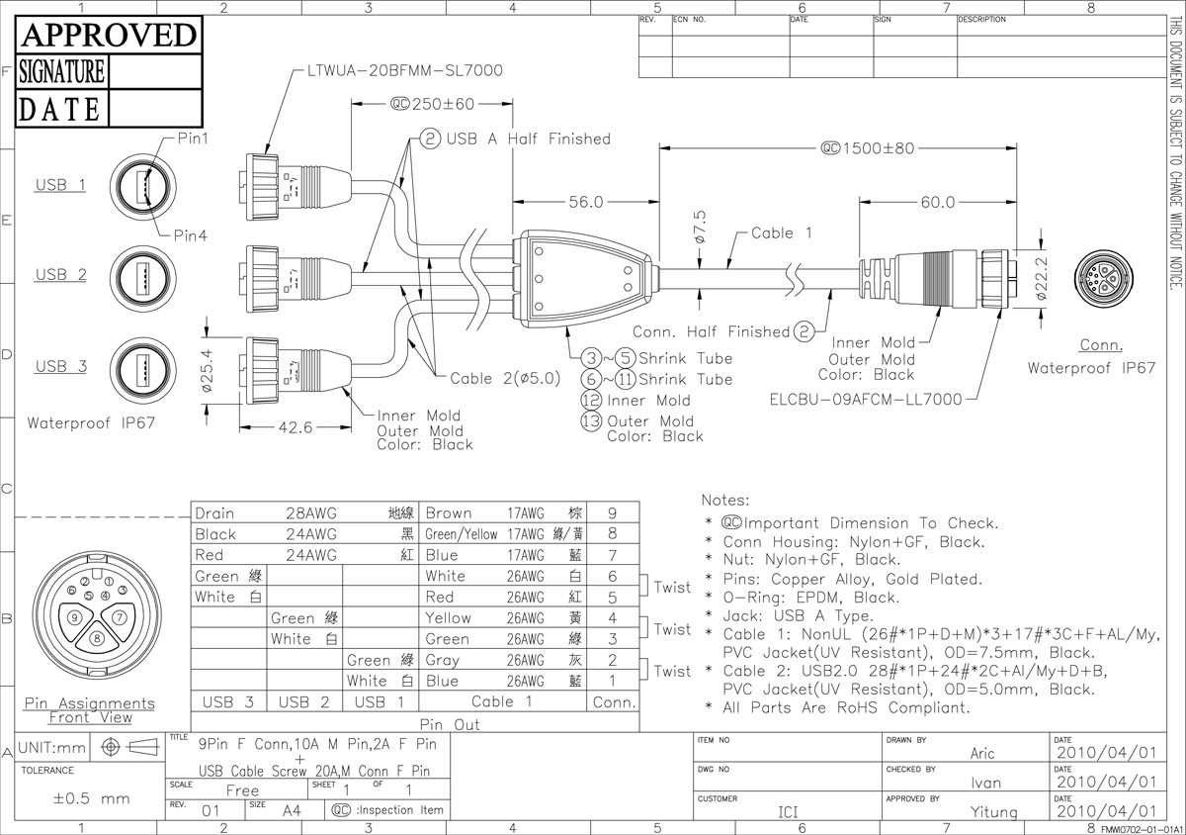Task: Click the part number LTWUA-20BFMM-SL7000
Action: [x=405, y=70]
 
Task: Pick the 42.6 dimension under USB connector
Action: [x=293, y=427]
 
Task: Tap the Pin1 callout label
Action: [x=193, y=139]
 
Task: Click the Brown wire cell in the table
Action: [x=449, y=513]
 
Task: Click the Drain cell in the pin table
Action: [x=215, y=513]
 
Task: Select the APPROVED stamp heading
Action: [x=109, y=36]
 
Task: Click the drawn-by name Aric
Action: [x=982, y=753]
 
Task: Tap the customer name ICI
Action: [x=787, y=812]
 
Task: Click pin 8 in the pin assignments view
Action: [x=96, y=638]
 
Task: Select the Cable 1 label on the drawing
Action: [x=781, y=233]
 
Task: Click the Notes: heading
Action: [x=725, y=501]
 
